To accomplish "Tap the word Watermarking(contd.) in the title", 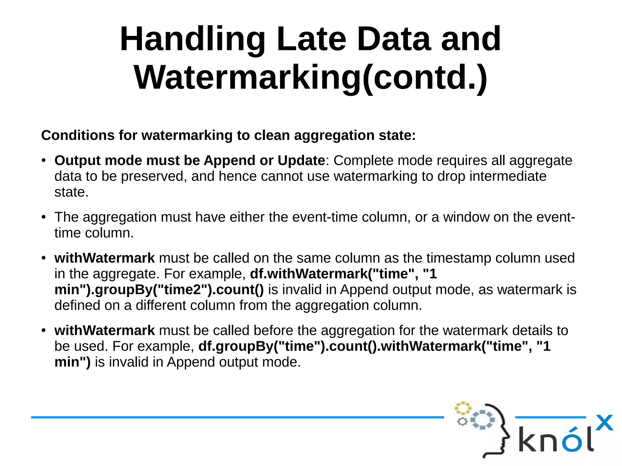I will (x=310, y=78).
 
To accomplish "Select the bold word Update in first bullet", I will (x=301, y=161).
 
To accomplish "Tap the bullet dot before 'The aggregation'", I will (x=44, y=217).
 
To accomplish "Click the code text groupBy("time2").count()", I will (x=179, y=290).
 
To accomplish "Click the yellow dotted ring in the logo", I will (x=462, y=408).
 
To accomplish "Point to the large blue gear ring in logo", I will (x=482, y=420).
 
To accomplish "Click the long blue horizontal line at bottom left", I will (x=237, y=417).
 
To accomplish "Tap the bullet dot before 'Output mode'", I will (x=44, y=161).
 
